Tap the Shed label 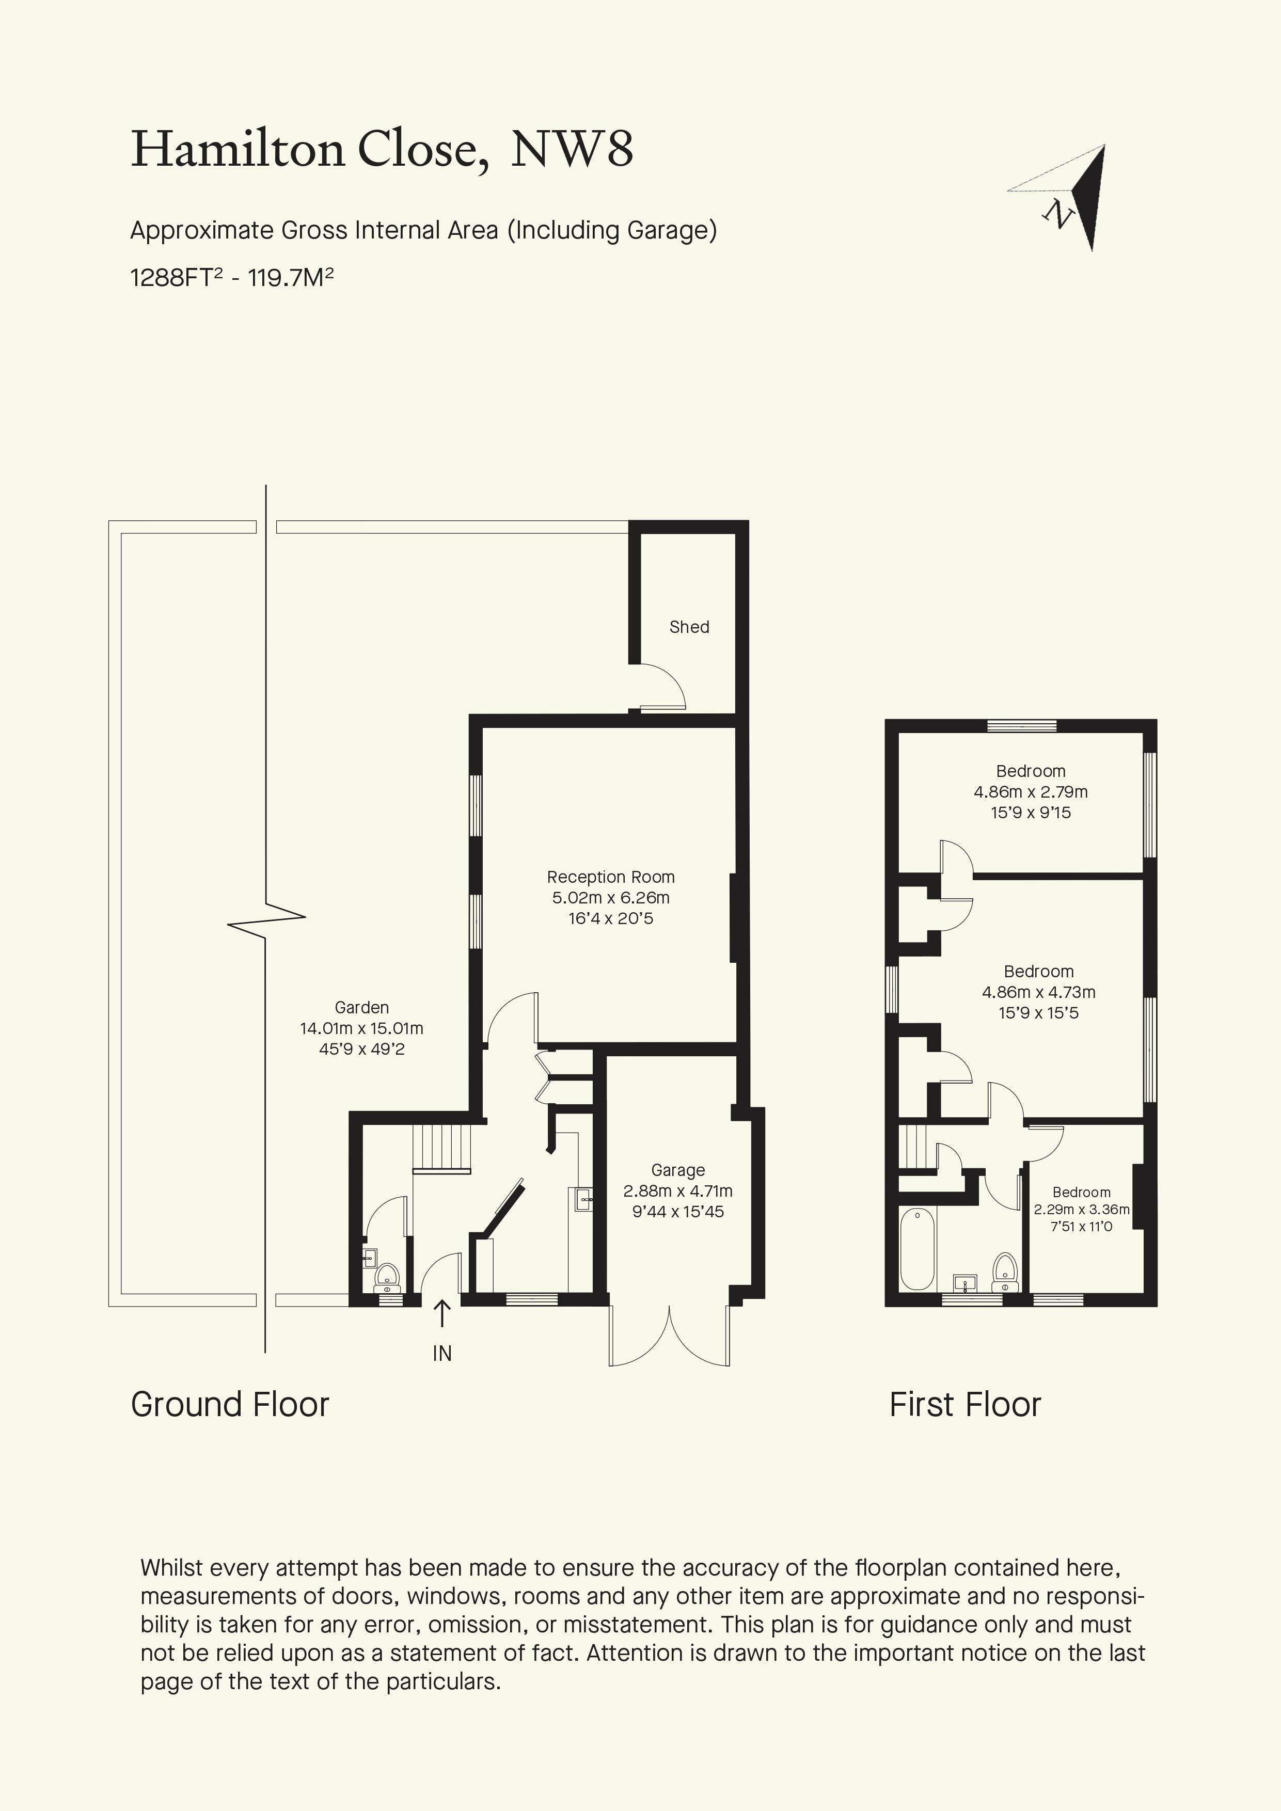click(689, 627)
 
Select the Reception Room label click(610, 877)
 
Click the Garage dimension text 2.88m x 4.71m click(677, 1191)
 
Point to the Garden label click(361, 1007)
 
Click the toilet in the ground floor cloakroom click(387, 1276)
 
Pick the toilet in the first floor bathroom click(1005, 1270)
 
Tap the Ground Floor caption click(230, 1405)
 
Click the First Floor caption click(966, 1405)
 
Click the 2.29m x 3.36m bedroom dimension click(1081, 1209)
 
